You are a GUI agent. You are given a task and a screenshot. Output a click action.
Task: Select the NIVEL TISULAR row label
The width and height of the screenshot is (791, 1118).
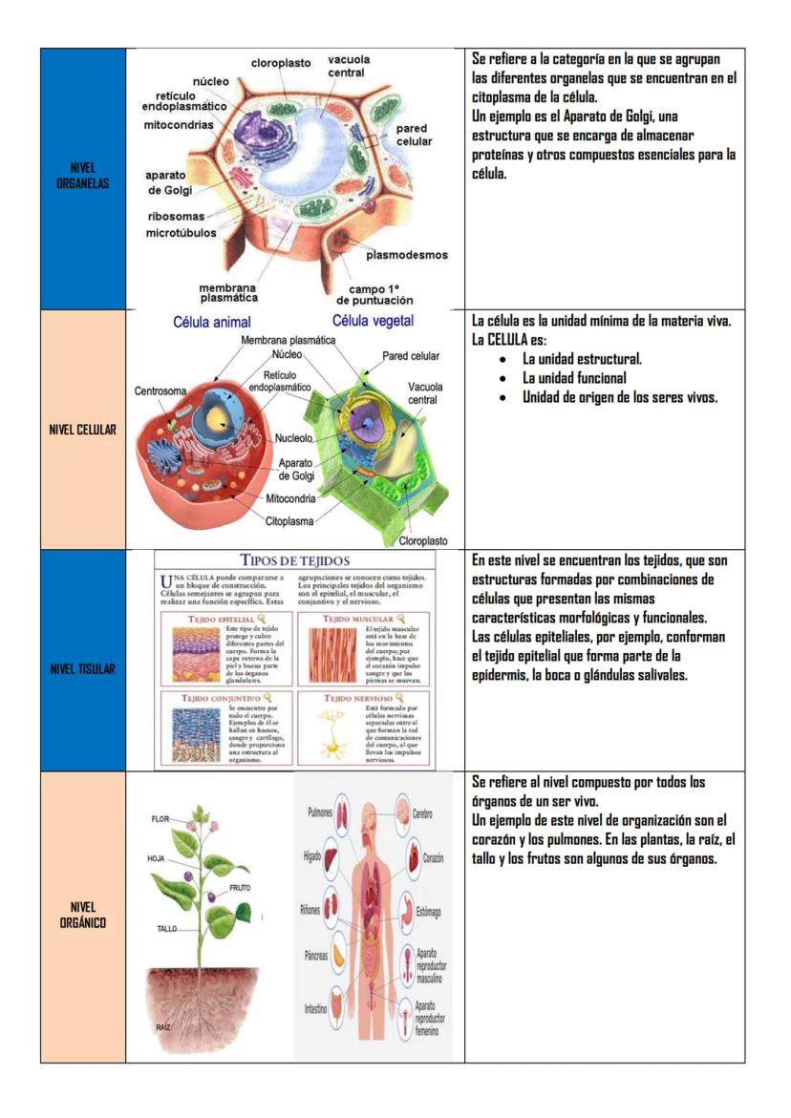point(82,668)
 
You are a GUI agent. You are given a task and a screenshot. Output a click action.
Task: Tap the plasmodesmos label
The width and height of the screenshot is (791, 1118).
point(407,255)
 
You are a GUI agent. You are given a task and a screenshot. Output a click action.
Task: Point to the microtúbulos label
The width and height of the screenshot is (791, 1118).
point(181,232)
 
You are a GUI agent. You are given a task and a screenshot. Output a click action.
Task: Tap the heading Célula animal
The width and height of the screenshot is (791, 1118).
point(211,323)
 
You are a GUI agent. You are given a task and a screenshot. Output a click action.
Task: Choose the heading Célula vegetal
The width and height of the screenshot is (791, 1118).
point(373,321)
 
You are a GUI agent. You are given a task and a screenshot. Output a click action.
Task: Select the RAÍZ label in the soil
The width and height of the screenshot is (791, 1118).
point(163,1026)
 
